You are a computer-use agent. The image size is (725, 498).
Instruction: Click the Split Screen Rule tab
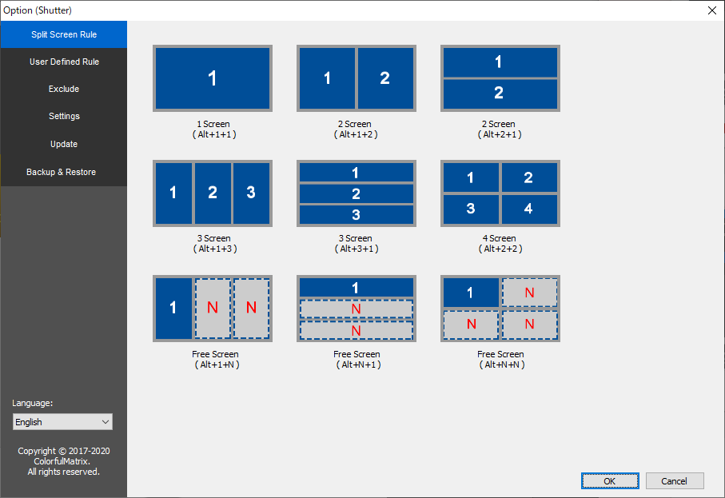[64, 34]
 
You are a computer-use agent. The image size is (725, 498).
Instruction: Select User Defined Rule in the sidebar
[64, 62]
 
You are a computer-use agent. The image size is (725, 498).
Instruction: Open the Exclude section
[64, 89]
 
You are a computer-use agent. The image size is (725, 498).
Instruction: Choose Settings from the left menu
[64, 116]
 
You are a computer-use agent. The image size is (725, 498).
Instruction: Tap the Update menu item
[64, 144]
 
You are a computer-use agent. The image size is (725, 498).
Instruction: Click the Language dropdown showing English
[62, 422]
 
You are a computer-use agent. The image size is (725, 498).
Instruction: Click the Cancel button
[675, 481]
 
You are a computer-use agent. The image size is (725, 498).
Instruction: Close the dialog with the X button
[711, 10]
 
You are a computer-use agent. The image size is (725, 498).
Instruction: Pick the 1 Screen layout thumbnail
[213, 78]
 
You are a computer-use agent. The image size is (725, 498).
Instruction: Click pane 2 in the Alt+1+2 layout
[385, 78]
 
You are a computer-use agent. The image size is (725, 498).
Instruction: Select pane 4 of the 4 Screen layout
[529, 209]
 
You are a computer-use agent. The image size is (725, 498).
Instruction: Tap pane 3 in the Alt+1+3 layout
[251, 193]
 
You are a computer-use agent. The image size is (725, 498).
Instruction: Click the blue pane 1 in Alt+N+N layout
[471, 293]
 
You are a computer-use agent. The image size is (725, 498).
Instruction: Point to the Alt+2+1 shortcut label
[500, 134]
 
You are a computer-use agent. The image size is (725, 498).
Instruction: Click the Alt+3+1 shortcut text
[357, 249]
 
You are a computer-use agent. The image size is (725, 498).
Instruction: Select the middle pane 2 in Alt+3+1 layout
[357, 193]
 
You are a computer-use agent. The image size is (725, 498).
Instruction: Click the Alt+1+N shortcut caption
[217, 365]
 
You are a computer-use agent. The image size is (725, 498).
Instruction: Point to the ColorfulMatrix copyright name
[62, 461]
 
